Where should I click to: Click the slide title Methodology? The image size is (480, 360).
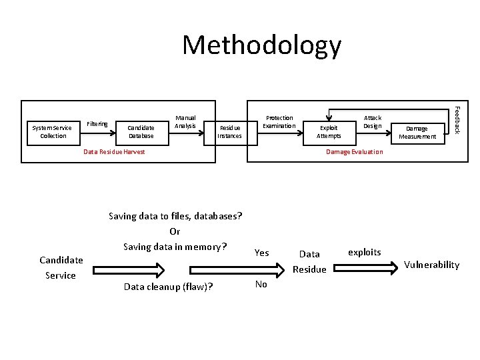[x=261, y=45]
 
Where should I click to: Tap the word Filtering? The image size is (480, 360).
[x=97, y=123]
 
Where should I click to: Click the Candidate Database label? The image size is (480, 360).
[x=141, y=131]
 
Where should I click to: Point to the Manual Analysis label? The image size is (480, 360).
[x=185, y=121]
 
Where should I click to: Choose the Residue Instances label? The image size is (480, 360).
[x=229, y=131]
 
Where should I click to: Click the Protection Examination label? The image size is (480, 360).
[x=279, y=121]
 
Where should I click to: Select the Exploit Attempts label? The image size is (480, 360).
[x=329, y=131]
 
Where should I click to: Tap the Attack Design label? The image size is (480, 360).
[x=373, y=121]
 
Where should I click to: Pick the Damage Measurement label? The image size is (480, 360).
[x=417, y=132]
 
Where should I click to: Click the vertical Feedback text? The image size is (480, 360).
[x=457, y=119]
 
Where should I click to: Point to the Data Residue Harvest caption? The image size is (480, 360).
[x=114, y=152]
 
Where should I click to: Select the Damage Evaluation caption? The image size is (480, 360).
[x=354, y=152]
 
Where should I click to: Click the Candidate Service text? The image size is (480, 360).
[x=61, y=267]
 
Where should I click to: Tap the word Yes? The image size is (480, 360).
[x=262, y=253]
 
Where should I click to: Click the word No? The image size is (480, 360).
[x=261, y=284]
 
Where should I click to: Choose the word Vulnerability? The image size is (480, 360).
[x=432, y=265]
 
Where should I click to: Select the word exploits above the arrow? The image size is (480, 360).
[x=365, y=252]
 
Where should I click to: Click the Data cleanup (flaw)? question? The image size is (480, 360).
[x=169, y=287]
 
